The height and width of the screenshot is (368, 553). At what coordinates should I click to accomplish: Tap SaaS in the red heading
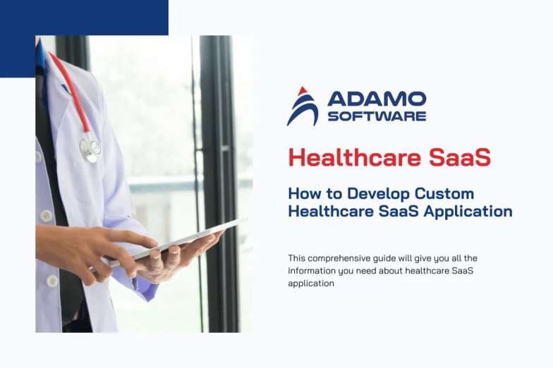tap(460, 157)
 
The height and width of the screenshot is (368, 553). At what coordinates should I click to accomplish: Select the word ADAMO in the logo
tap(377, 99)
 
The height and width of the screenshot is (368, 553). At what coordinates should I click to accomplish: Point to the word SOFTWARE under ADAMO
tap(377, 116)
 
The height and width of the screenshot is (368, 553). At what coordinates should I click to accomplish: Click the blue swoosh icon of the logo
tap(303, 110)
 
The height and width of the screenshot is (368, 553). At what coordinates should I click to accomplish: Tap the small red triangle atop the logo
tap(302, 91)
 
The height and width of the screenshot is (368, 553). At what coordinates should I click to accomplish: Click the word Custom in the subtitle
tap(444, 193)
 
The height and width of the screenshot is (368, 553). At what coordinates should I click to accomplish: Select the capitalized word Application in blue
tap(468, 212)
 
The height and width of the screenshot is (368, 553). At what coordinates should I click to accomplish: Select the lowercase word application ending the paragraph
tap(311, 283)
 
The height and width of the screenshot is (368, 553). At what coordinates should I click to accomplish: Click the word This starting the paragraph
tap(296, 258)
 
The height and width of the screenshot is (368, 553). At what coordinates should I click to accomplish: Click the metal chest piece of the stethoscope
tap(90, 149)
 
